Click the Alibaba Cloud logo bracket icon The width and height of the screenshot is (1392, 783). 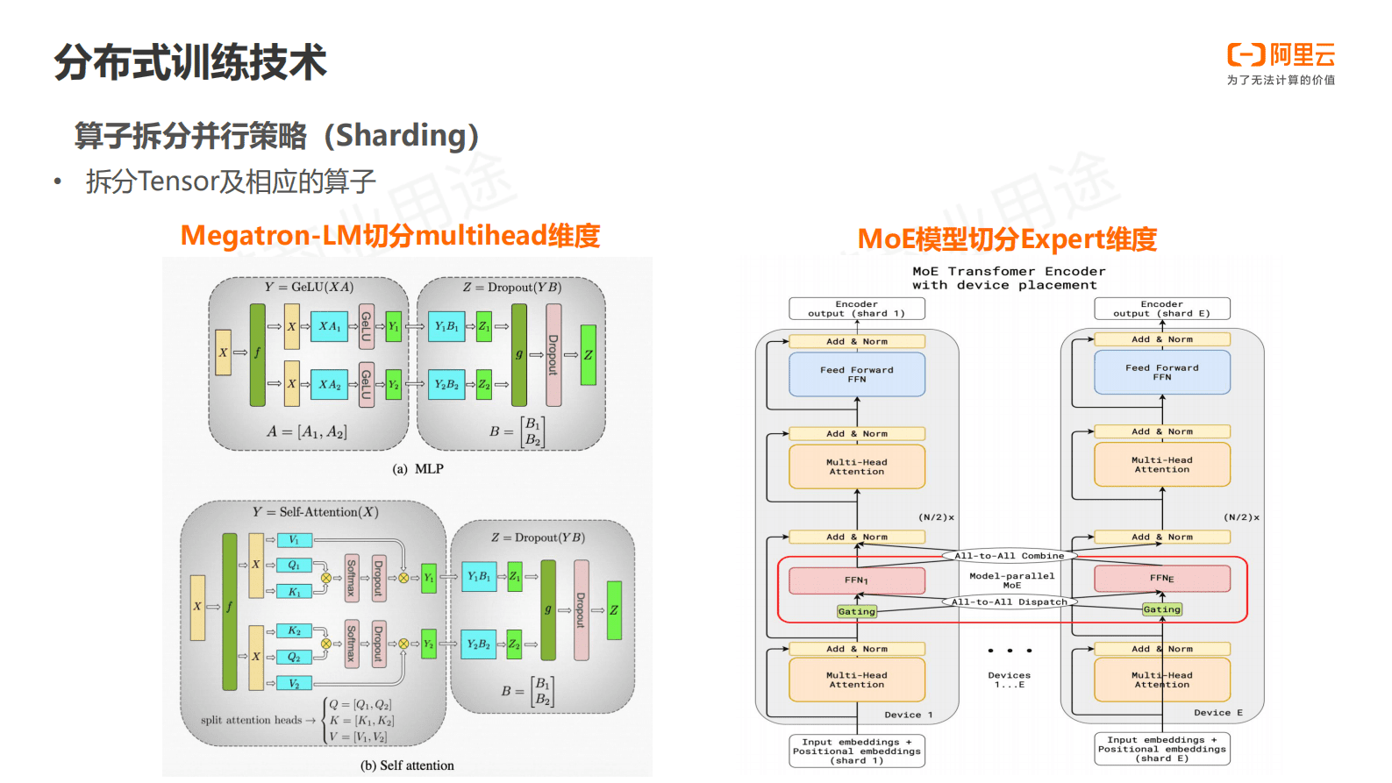[1246, 55]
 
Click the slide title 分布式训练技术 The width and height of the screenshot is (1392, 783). [190, 62]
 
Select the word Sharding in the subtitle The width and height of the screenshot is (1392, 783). [407, 135]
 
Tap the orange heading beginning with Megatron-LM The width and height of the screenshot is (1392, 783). [389, 235]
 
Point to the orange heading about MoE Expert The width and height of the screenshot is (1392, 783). [1006, 238]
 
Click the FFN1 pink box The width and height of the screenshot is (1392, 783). [856, 580]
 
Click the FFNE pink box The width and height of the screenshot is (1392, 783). [1161, 578]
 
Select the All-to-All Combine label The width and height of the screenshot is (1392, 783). [1009, 555]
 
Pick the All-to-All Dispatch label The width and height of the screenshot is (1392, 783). [1009, 601]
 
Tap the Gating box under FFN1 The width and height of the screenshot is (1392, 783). [856, 611]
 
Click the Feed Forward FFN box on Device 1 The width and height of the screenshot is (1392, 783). [856, 374]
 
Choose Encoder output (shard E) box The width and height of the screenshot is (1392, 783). [1161, 309]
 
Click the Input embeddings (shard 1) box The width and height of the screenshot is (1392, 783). [856, 751]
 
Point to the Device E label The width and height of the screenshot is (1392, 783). [1217, 713]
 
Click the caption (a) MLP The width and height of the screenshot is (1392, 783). [418, 469]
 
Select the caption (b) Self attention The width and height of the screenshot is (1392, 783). [407, 765]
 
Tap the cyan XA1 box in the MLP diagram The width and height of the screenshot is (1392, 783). [329, 326]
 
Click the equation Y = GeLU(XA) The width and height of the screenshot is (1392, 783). [309, 287]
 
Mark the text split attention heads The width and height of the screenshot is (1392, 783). [251, 720]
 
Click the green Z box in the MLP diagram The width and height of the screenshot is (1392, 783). [588, 355]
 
